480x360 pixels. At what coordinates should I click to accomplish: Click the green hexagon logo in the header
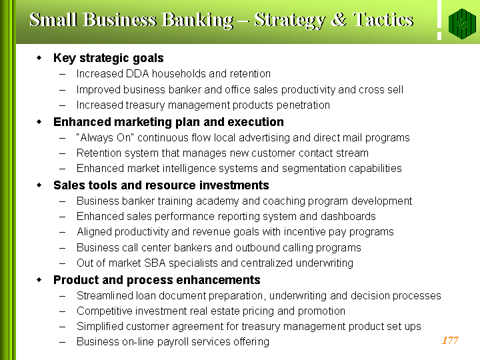click(462, 24)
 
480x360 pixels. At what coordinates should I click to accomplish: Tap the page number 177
click(450, 340)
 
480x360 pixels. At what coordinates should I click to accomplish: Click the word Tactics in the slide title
click(383, 20)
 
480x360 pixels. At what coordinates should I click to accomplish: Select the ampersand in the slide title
click(339, 19)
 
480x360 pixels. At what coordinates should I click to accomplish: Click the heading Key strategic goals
click(109, 58)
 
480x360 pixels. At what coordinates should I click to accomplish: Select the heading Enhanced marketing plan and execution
click(169, 122)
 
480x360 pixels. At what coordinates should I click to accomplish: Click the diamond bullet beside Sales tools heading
click(39, 185)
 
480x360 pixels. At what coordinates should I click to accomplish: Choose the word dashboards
click(348, 216)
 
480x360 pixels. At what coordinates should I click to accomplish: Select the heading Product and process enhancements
click(157, 280)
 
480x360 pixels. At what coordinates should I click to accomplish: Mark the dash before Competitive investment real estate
click(63, 311)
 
